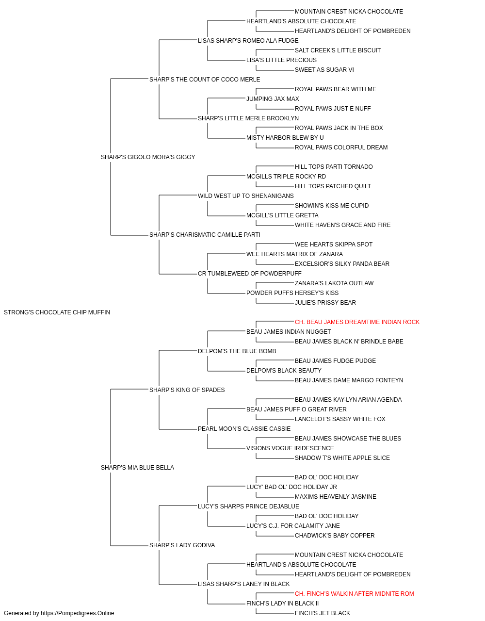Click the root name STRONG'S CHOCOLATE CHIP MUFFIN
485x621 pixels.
click(x=57, y=312)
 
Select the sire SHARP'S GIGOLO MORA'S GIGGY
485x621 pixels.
click(x=148, y=157)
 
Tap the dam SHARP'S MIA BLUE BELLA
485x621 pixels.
click(x=137, y=468)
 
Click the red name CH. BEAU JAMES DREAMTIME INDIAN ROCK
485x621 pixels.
click(x=357, y=322)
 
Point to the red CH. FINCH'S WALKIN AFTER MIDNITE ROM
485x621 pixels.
click(x=354, y=594)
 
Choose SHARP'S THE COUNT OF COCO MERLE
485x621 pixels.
click(x=205, y=80)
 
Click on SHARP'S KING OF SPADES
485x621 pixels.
click(x=187, y=390)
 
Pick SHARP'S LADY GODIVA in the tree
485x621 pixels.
click(x=182, y=545)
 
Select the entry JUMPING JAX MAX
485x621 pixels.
click(x=273, y=99)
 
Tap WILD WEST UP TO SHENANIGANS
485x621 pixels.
click(x=245, y=196)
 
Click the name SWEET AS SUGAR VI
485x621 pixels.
click(x=324, y=70)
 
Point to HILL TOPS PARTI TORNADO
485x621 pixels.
click(x=334, y=167)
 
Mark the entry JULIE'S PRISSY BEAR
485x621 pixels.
click(x=325, y=303)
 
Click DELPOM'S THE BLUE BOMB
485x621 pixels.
click(x=237, y=351)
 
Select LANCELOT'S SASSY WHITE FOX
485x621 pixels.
click(x=340, y=419)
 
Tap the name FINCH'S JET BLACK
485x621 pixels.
click(x=322, y=613)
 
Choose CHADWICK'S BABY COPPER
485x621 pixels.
click(x=335, y=536)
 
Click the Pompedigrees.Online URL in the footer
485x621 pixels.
click(x=78, y=613)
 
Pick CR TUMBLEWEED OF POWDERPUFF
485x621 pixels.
click(x=250, y=274)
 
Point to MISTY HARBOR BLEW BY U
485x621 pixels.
click(x=285, y=138)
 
